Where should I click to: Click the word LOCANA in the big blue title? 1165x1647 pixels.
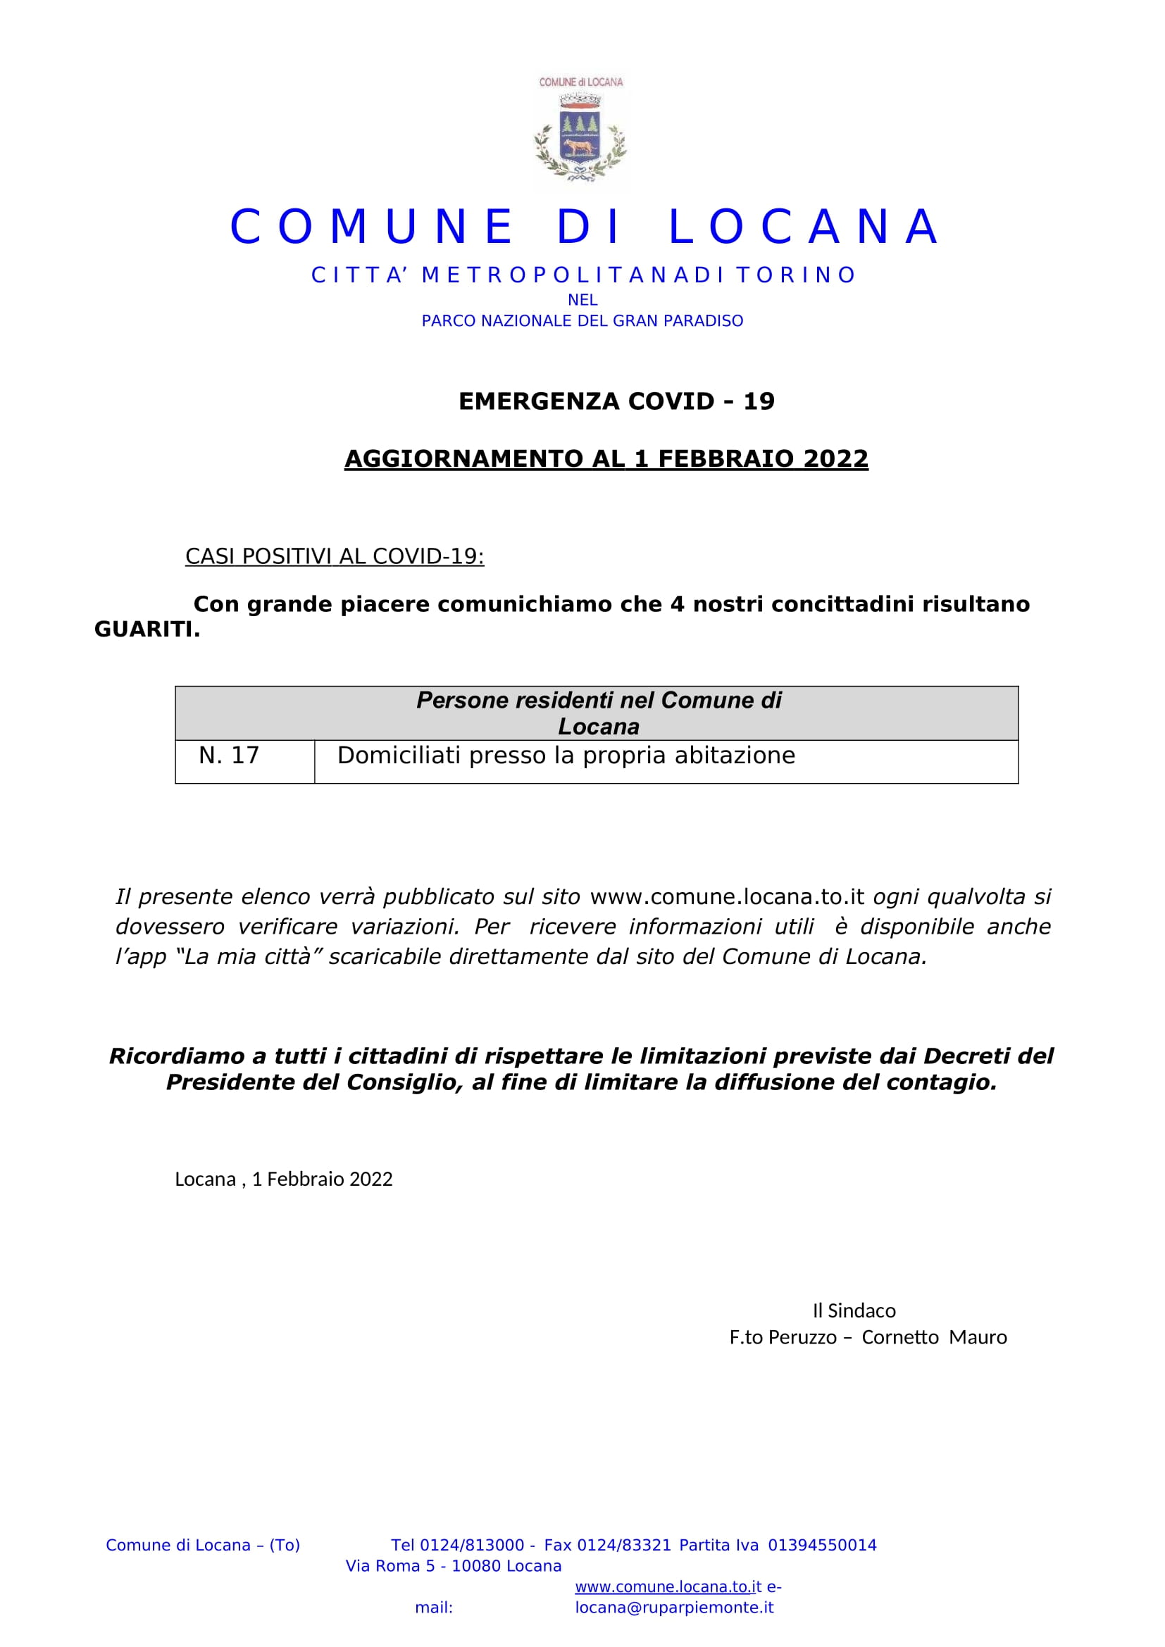click(x=804, y=227)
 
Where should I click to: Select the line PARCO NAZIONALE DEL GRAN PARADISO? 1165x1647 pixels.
click(x=582, y=320)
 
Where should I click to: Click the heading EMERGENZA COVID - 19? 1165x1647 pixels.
click(x=616, y=401)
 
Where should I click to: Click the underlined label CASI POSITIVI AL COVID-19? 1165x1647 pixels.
click(x=335, y=556)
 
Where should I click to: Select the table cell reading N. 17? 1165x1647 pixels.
click(x=229, y=756)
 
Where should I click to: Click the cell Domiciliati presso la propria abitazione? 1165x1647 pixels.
click(x=566, y=756)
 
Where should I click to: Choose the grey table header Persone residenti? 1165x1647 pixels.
click(x=598, y=713)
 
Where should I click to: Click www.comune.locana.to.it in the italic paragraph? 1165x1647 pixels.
click(x=727, y=896)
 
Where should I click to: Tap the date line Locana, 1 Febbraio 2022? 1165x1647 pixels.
click(x=283, y=1179)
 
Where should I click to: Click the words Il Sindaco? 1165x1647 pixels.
click(x=854, y=1310)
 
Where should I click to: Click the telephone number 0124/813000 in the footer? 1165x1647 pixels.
click(x=471, y=1545)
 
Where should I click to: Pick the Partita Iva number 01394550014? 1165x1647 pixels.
click(x=822, y=1545)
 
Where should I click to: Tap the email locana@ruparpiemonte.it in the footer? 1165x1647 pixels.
click(x=674, y=1608)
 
